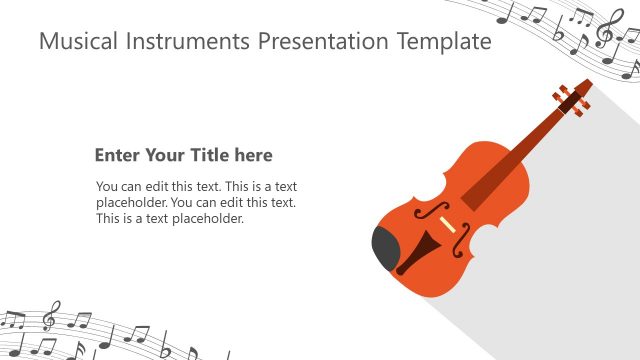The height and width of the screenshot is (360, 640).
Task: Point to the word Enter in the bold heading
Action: coord(116,155)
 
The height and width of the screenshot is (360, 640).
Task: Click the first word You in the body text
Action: coord(107,186)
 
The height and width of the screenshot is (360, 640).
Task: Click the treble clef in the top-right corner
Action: coord(605,30)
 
